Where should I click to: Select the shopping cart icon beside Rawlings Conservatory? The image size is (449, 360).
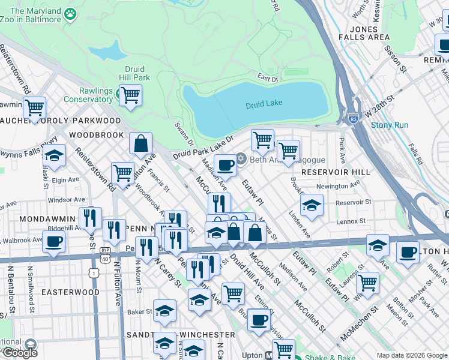coord(130,94)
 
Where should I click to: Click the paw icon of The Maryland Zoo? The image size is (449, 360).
coord(71,13)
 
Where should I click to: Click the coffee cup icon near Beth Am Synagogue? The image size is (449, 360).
coord(226,164)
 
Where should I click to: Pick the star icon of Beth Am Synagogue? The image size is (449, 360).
coord(241,158)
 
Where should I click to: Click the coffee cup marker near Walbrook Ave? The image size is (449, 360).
coord(53,241)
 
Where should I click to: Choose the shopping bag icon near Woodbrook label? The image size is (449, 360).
coord(140,143)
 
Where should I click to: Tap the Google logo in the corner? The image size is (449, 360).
coord(20,353)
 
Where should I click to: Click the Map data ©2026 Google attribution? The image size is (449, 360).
coord(411,355)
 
